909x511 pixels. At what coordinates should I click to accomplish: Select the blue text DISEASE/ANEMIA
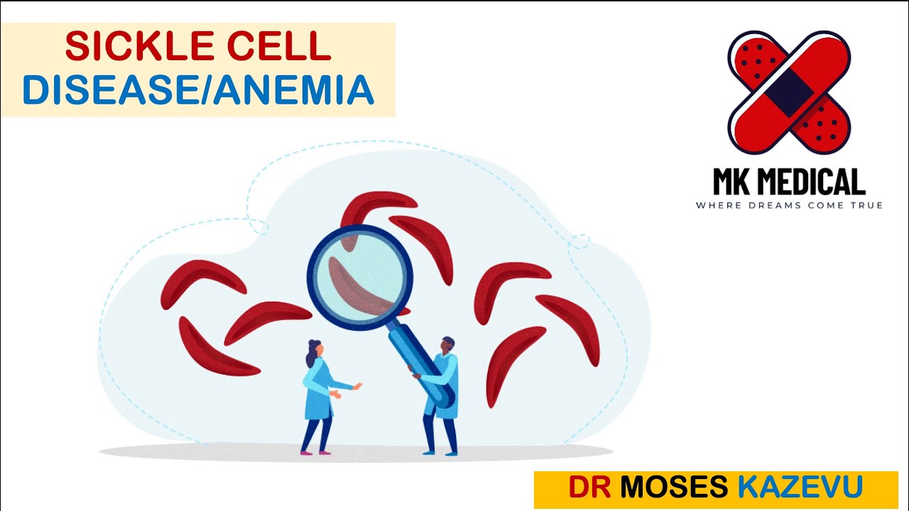[x=198, y=90]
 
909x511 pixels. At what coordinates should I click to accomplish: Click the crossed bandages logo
[x=789, y=92]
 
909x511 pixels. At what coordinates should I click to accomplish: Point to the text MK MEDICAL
[x=789, y=182]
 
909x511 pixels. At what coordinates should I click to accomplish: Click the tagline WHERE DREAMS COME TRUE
[x=789, y=206]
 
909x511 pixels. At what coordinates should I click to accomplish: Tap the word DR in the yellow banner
[x=589, y=488]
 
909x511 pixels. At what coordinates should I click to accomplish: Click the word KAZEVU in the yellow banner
[x=800, y=488]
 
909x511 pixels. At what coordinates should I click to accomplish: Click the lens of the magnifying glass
[x=360, y=276]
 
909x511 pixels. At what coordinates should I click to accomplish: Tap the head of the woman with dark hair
[x=315, y=348]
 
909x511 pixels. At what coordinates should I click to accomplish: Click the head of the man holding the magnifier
[x=447, y=345]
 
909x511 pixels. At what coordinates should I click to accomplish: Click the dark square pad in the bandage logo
[x=789, y=92]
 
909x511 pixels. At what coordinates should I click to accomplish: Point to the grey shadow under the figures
[x=355, y=451]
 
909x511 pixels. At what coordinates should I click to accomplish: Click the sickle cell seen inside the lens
[x=359, y=287]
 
